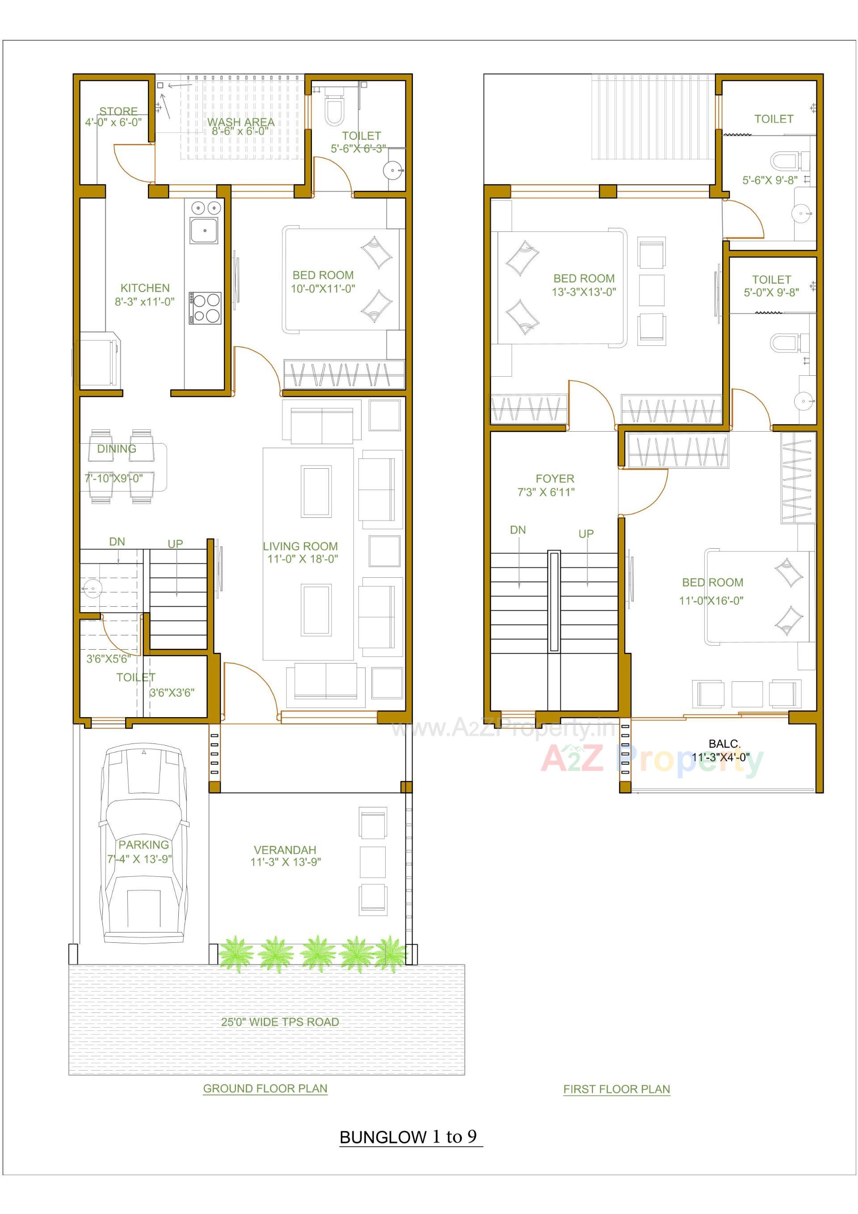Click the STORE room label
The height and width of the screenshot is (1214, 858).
(x=118, y=111)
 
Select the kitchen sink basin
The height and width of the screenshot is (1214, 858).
(x=204, y=230)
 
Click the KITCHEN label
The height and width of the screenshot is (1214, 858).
(x=145, y=288)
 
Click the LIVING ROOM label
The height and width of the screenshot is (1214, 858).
(x=300, y=546)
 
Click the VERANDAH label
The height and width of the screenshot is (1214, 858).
(x=285, y=850)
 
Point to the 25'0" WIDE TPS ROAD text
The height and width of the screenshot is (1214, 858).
(x=280, y=1022)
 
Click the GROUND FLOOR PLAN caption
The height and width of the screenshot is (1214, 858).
(x=265, y=1089)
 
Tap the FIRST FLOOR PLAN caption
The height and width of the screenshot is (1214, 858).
(x=616, y=1089)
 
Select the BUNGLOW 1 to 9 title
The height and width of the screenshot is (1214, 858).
(x=408, y=1137)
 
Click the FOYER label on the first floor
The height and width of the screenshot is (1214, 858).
(x=555, y=479)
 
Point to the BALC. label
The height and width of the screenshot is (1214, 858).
(x=724, y=744)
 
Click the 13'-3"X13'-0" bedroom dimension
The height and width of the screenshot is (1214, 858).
(x=584, y=292)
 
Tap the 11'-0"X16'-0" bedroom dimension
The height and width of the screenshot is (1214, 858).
(x=711, y=601)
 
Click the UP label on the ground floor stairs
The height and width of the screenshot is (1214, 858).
(x=175, y=543)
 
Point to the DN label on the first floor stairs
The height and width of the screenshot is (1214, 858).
(x=518, y=530)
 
